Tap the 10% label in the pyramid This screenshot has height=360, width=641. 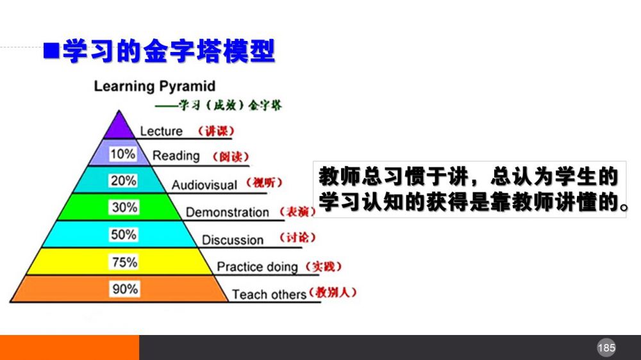click(x=122, y=154)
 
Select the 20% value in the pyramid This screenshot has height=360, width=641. click(x=123, y=181)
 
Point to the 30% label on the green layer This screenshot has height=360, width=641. click(x=124, y=207)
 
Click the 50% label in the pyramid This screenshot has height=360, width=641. click(x=124, y=234)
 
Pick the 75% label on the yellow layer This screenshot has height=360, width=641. click(x=124, y=262)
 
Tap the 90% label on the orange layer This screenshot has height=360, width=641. click(x=125, y=289)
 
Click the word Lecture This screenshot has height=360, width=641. click(x=161, y=131)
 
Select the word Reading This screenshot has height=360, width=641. click(x=176, y=156)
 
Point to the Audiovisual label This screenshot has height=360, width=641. click(x=204, y=185)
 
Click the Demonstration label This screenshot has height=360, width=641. click(x=228, y=213)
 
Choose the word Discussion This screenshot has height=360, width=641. click(x=233, y=240)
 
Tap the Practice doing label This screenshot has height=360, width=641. click(x=257, y=267)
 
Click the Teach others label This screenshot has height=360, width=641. click(x=269, y=294)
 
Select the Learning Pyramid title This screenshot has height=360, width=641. click(x=154, y=86)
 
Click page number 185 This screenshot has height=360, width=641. click(x=606, y=348)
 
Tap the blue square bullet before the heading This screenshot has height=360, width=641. click(x=51, y=51)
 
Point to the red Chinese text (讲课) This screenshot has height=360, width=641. click(x=216, y=131)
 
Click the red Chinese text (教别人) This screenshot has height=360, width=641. click(x=333, y=292)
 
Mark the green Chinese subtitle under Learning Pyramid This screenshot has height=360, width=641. click(x=219, y=106)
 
